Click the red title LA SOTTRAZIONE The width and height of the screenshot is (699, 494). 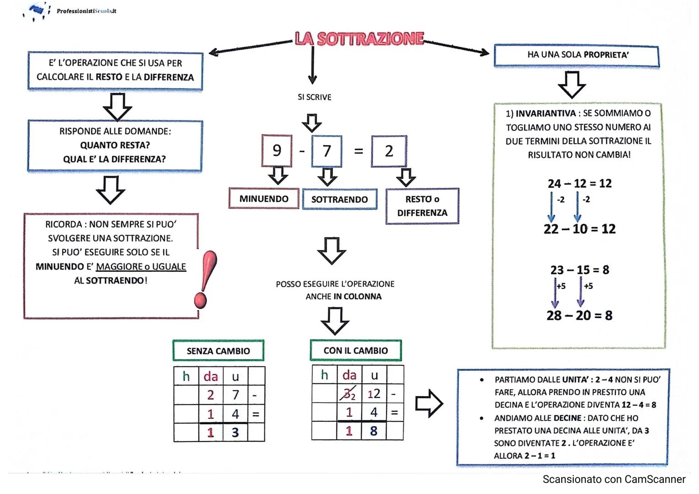click(x=359, y=39)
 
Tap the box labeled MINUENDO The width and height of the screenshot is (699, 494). click(x=264, y=199)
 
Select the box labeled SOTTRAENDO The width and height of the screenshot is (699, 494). click(x=339, y=199)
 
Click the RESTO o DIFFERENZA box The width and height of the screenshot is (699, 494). click(x=422, y=206)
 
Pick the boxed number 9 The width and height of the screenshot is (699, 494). click(x=277, y=150)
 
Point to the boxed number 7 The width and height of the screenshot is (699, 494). click(x=327, y=151)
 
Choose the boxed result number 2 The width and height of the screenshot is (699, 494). click(x=389, y=151)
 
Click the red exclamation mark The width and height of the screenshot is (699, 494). click(x=204, y=279)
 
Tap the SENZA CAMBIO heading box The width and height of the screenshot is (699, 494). click(x=218, y=351)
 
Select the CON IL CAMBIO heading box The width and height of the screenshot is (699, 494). click(x=355, y=350)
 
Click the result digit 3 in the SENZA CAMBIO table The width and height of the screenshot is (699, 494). click(x=235, y=432)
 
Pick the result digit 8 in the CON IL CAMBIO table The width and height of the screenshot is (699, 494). click(x=374, y=431)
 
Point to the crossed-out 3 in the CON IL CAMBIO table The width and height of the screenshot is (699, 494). click(x=347, y=393)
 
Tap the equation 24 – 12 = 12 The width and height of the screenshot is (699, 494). click(x=580, y=183)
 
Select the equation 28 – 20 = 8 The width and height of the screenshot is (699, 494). click(x=579, y=315)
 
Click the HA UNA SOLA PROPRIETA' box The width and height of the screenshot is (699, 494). click(x=576, y=56)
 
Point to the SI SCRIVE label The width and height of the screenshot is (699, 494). click(x=314, y=97)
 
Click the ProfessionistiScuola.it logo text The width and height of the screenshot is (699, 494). click(x=86, y=11)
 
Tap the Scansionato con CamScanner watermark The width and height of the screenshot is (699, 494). click(x=614, y=479)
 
